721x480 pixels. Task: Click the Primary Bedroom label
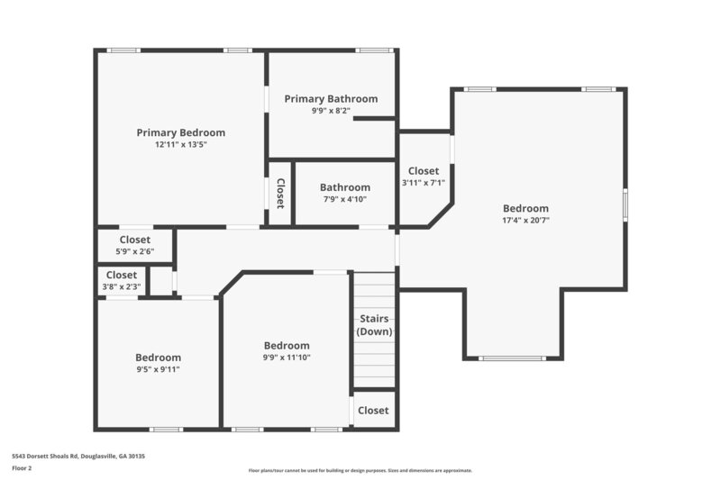pos(180,132)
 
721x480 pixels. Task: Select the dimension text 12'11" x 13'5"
pos(180,144)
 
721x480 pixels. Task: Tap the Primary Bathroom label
pos(331,99)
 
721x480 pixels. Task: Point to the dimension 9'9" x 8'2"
pos(331,111)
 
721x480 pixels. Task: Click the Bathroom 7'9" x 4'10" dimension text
pos(344,199)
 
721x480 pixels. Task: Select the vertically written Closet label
pos(280,193)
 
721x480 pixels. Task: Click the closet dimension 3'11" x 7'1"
pos(423,183)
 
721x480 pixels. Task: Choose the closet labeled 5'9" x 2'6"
pos(134,245)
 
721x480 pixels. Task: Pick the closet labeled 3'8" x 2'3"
pos(122,281)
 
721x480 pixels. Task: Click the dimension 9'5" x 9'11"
pos(158,369)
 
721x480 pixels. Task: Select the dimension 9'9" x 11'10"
pos(286,358)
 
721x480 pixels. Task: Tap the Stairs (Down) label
pos(374,325)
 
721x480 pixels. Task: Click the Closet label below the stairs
pos(373,411)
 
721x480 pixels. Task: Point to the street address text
pos(78,457)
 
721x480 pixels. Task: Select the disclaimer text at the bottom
pos(360,470)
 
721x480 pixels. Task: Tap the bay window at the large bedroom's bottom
pos(511,358)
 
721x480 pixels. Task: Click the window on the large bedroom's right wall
pos(625,204)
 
